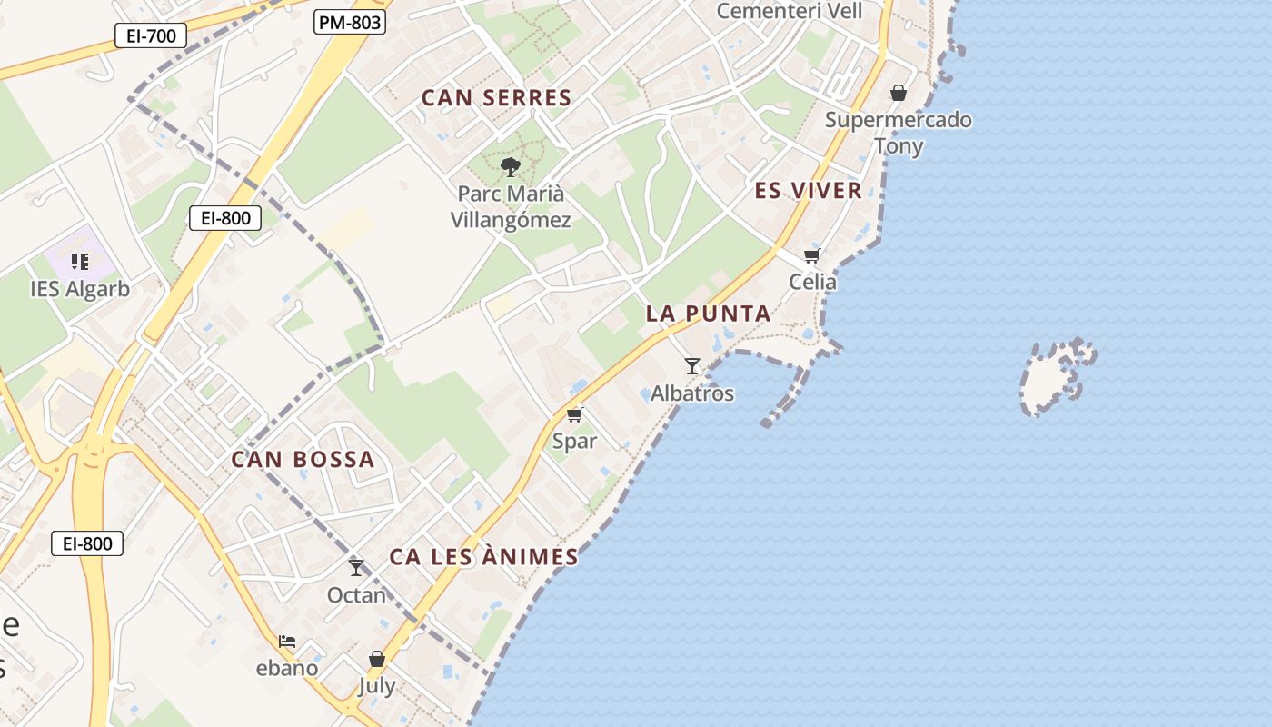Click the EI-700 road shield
point(151,35)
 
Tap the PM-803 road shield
point(350,23)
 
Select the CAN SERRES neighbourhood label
point(496,98)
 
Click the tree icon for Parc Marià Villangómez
point(511,166)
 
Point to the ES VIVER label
point(808,191)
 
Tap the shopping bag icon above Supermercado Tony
point(899,93)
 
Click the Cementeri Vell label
point(789,11)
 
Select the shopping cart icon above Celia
point(811,255)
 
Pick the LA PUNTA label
point(708,314)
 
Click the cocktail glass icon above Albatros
point(692,366)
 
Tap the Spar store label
point(574,442)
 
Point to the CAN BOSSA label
point(303,460)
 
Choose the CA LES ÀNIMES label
point(483,557)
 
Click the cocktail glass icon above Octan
point(356,568)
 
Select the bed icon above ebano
point(287,642)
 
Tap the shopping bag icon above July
point(377,659)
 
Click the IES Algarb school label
point(80,289)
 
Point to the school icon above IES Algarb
point(80,262)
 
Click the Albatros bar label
point(692,394)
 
